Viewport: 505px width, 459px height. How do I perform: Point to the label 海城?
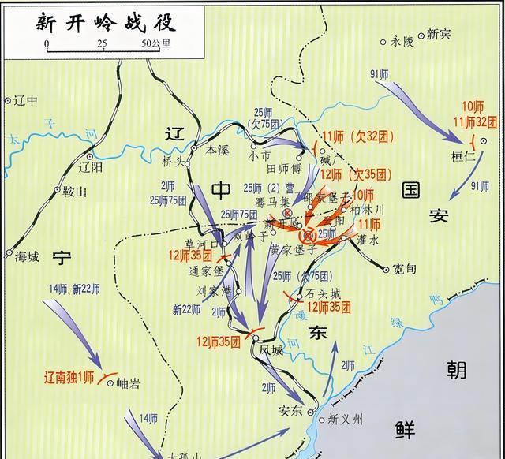coord(27,256)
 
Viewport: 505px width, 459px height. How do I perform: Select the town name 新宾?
coord(438,34)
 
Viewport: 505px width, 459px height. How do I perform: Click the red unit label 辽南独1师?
coord(71,378)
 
